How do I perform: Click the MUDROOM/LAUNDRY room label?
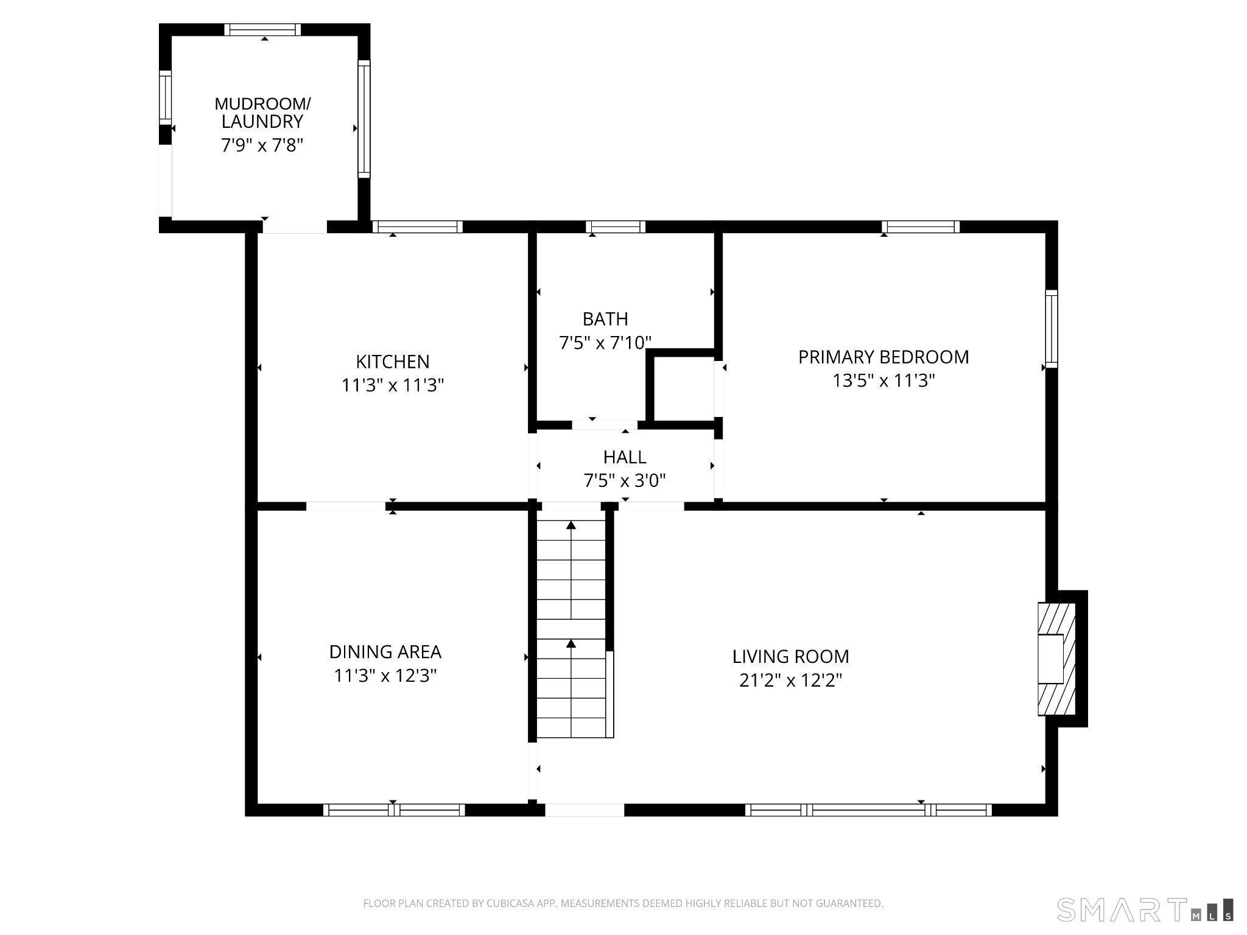click(262, 113)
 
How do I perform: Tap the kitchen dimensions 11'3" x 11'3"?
click(393, 385)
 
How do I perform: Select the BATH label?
click(605, 319)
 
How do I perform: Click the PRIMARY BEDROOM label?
click(883, 357)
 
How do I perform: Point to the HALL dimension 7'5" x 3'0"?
click(625, 481)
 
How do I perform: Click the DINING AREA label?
click(385, 652)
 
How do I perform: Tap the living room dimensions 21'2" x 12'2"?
click(790, 680)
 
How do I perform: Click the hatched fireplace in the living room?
click(1056, 659)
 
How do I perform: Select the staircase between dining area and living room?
click(571, 627)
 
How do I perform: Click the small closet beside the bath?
click(683, 388)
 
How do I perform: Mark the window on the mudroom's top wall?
click(262, 30)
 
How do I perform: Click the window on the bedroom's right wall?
click(1052, 329)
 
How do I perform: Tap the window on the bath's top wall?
click(616, 227)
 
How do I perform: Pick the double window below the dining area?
click(394, 810)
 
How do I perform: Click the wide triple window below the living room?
click(868, 810)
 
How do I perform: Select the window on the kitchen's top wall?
click(417, 227)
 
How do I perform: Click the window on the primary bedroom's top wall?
click(920, 227)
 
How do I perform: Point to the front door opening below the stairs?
click(584, 810)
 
